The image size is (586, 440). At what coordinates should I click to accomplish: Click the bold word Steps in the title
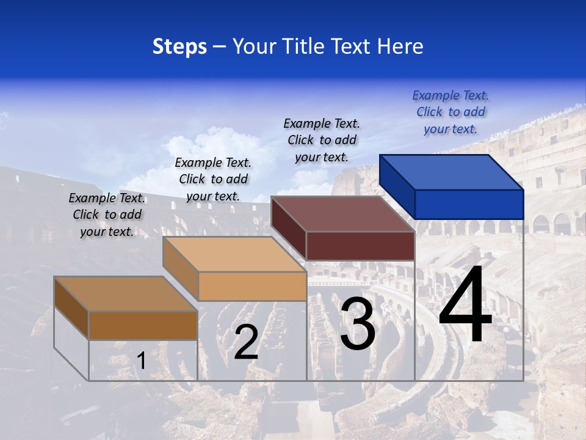pos(179,46)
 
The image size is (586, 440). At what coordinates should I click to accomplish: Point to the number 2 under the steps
pos(246,342)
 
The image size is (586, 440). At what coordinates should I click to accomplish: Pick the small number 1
pos(142,361)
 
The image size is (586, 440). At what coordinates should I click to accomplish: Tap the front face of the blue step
pos(469,204)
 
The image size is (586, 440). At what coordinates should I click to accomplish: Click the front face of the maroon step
pos(360,246)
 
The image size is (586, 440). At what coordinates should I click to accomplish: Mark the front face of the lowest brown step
pos(143,325)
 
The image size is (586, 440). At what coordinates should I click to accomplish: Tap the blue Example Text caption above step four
pos(450,112)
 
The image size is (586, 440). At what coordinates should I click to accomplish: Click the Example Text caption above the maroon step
pos(322,140)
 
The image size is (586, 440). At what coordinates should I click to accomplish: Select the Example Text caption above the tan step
pos(213,179)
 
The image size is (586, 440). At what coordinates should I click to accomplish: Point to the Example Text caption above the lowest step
pos(107,215)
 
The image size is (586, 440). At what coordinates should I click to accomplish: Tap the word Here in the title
pos(402,46)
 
